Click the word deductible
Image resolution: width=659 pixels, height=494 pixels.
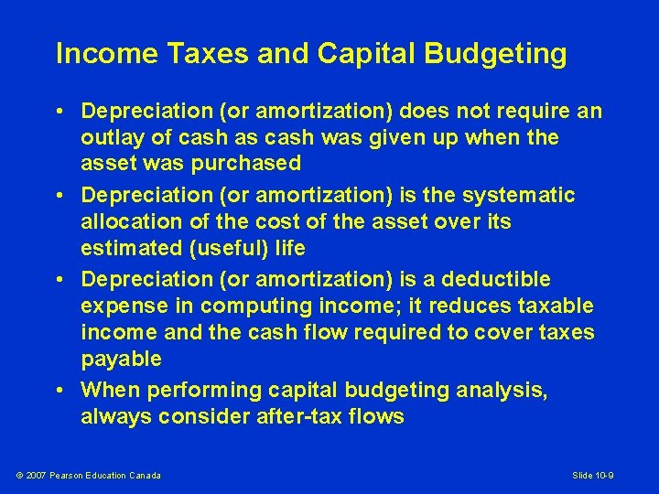pos(498,279)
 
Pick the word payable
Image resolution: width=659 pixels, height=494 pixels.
pos(121,358)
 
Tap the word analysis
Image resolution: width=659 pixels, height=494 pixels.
pos(506,391)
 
